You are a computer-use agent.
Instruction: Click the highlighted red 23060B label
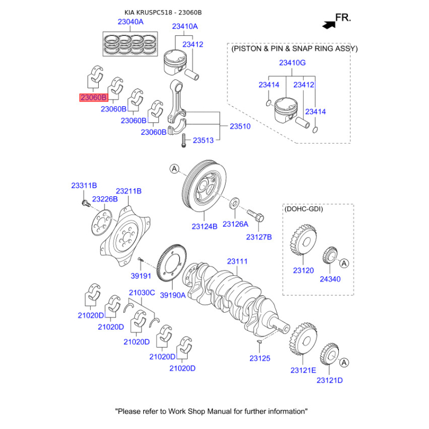click(94, 98)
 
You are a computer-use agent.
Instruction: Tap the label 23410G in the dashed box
click(292, 63)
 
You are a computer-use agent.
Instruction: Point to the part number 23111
click(237, 262)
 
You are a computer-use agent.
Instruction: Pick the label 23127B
click(259, 236)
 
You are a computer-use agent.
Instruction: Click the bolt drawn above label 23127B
click(256, 216)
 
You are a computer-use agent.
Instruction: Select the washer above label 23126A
click(234, 205)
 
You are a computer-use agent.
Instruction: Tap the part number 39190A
click(173, 295)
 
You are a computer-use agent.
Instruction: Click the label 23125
click(260, 358)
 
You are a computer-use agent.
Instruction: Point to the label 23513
click(203, 140)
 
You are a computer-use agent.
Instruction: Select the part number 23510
click(240, 127)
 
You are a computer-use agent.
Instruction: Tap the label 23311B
click(84, 186)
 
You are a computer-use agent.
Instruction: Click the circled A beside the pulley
click(174, 169)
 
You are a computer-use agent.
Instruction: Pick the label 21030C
click(142, 293)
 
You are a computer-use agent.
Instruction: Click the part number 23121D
click(329, 380)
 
